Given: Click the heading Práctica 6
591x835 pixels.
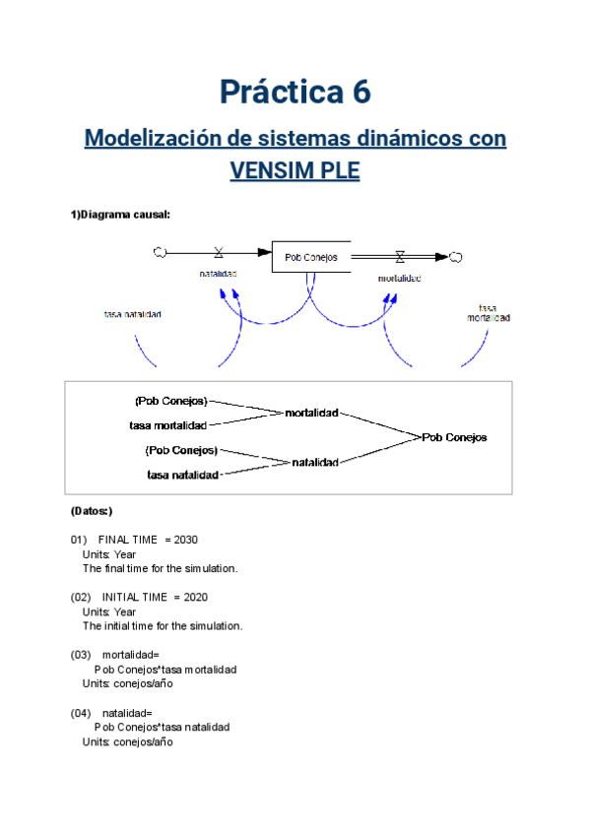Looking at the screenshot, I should (x=295, y=92).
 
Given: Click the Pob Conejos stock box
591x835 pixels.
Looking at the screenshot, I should (x=310, y=258).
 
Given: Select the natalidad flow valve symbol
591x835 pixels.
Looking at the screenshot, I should (x=218, y=253).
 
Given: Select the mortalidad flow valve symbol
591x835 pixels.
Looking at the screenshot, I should (x=399, y=257).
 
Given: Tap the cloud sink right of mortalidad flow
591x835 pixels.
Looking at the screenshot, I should (x=456, y=257).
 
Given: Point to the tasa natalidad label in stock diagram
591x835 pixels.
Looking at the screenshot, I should (x=133, y=315).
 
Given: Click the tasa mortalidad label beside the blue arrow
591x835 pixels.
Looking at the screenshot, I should (x=489, y=312).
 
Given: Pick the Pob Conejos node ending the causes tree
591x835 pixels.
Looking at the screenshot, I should (x=454, y=437).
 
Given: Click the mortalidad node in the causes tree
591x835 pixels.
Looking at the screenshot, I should (x=311, y=413).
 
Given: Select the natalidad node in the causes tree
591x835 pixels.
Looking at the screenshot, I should (x=315, y=462).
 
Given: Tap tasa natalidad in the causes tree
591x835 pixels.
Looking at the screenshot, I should (x=182, y=475).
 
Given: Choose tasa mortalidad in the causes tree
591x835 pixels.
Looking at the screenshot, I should (x=167, y=425).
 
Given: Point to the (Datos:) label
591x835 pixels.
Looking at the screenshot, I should (x=92, y=511).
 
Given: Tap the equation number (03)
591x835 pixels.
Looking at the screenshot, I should (x=81, y=655).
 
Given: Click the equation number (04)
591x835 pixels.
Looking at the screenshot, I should (x=81, y=712).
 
